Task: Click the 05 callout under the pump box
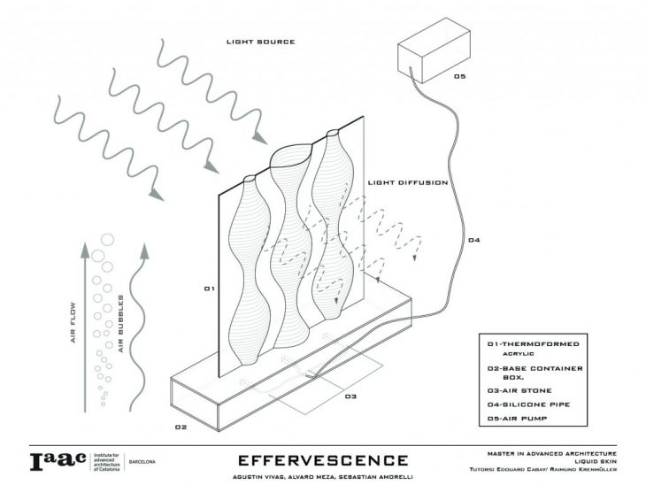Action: (458, 77)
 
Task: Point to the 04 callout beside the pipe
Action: (473, 241)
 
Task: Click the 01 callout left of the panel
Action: (209, 289)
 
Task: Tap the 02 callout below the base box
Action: (181, 427)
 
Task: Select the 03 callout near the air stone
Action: (350, 396)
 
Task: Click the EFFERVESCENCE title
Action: (323, 459)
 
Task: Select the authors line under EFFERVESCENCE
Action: (323, 475)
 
